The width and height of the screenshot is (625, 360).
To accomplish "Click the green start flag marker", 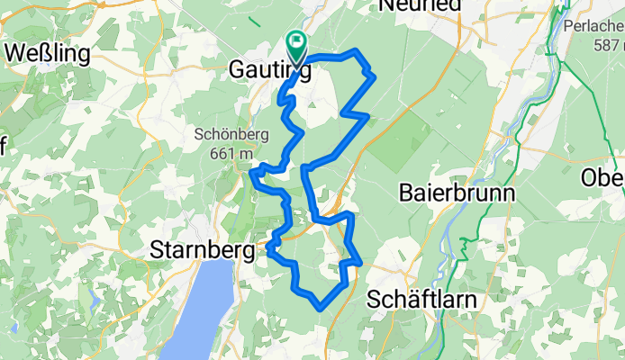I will pyautogui.click(x=295, y=41).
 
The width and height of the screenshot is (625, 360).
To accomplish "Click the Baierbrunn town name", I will pyautogui.click(x=457, y=193).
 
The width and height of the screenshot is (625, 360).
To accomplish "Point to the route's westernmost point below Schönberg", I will pyautogui.click(x=251, y=172).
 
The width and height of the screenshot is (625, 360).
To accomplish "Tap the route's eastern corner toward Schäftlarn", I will pyautogui.click(x=360, y=263).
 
